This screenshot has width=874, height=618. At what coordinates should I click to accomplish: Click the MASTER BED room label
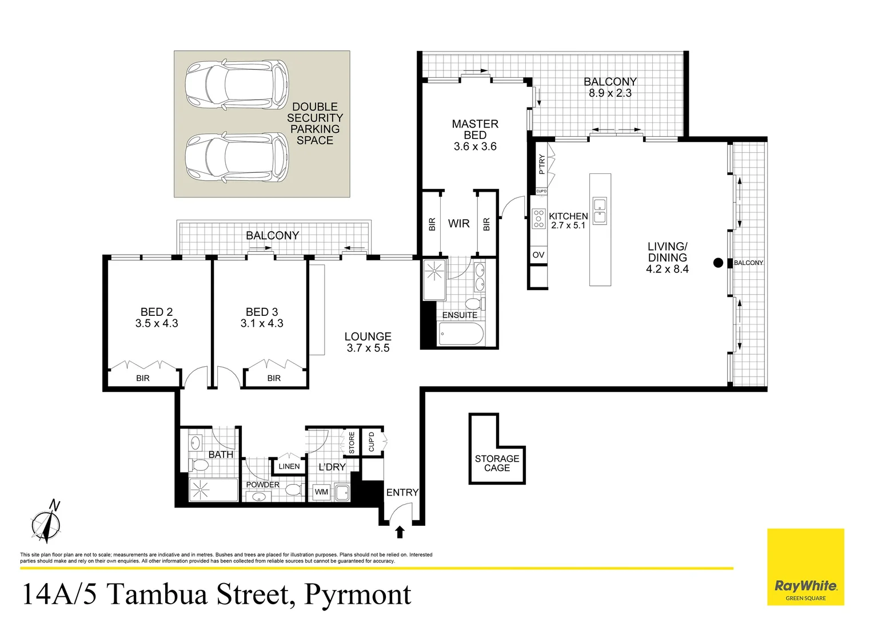click(x=474, y=129)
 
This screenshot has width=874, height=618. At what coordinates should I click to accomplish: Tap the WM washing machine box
click(x=321, y=492)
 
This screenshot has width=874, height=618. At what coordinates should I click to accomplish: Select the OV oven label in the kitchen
click(x=538, y=255)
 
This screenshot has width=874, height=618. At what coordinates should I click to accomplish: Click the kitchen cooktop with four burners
click(x=538, y=219)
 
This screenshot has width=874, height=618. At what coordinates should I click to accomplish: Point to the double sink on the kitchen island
click(x=600, y=211)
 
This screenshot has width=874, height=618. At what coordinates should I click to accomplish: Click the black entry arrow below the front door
click(x=400, y=532)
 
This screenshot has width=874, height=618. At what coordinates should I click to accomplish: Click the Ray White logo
click(x=805, y=587)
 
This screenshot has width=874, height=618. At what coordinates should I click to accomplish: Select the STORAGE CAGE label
click(x=497, y=463)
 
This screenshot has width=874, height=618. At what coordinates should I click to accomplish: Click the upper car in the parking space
click(x=237, y=86)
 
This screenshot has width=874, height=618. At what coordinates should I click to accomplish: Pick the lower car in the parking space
click(x=237, y=157)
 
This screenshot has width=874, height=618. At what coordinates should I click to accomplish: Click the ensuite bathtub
click(x=461, y=334)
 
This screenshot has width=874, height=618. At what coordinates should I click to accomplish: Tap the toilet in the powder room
click(x=293, y=490)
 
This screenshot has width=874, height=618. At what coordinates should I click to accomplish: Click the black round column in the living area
click(x=718, y=263)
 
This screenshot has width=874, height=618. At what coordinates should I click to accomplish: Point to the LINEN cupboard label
click(x=289, y=466)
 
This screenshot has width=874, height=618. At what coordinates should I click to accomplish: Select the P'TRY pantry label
click(x=542, y=164)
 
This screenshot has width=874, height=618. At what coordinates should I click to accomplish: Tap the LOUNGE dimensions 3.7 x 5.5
click(x=368, y=348)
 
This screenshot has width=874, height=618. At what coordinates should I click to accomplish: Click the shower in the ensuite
click(x=434, y=279)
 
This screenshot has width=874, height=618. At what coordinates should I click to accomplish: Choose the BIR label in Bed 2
click(x=143, y=378)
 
